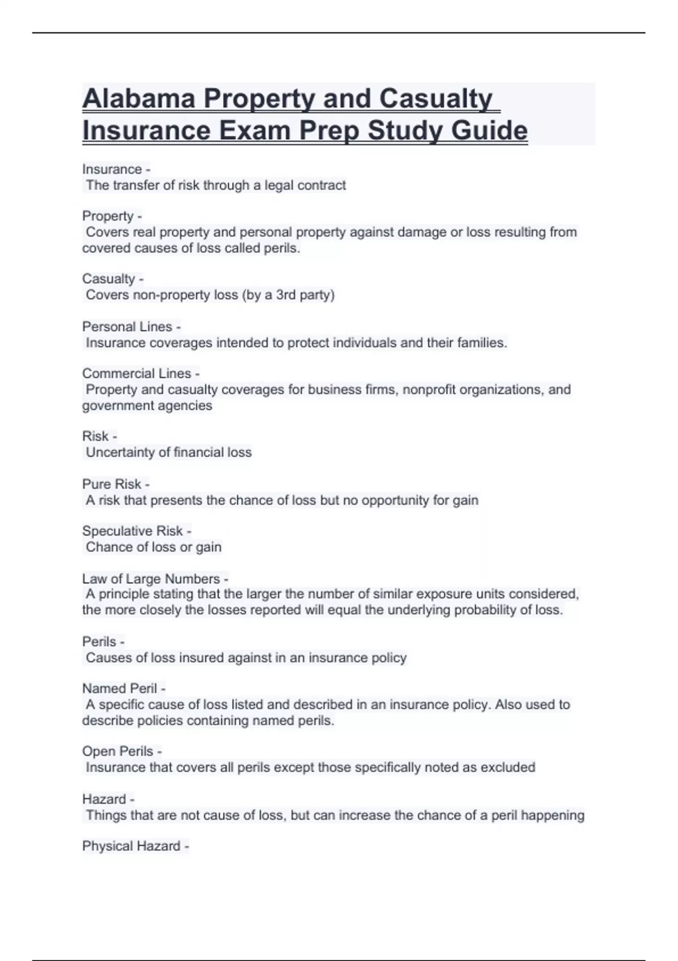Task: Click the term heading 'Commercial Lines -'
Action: [x=141, y=374]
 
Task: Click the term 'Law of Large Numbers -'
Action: [x=155, y=579]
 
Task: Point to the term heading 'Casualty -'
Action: [x=112, y=279]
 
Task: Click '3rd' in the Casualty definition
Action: [x=286, y=295]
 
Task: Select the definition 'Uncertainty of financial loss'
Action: [x=168, y=452]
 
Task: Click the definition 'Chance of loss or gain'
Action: [x=153, y=547]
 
